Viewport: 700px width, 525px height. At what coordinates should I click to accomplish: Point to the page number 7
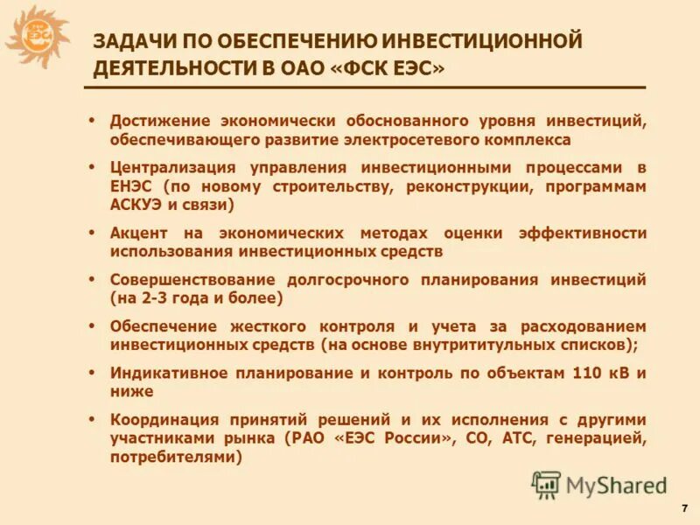[682, 508]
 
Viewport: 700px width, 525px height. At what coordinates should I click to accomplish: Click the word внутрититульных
[474, 345]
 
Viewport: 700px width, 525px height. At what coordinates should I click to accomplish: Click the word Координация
[162, 419]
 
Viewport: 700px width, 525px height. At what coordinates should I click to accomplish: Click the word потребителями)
[175, 457]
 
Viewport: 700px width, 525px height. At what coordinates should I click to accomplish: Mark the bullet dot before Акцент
[92, 233]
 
